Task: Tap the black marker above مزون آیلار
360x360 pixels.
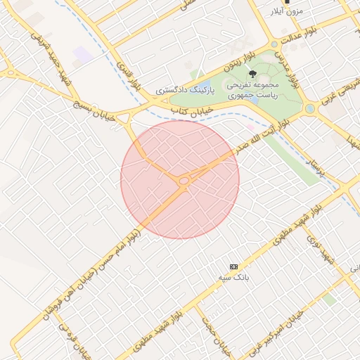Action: coord(287,2)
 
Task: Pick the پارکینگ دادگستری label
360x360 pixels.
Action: coord(181,91)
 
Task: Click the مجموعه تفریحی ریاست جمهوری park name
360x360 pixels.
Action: coord(251,89)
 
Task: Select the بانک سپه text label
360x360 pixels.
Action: coord(233,278)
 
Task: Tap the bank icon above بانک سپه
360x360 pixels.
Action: coord(233,266)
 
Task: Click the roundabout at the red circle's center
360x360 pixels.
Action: coord(183,181)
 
